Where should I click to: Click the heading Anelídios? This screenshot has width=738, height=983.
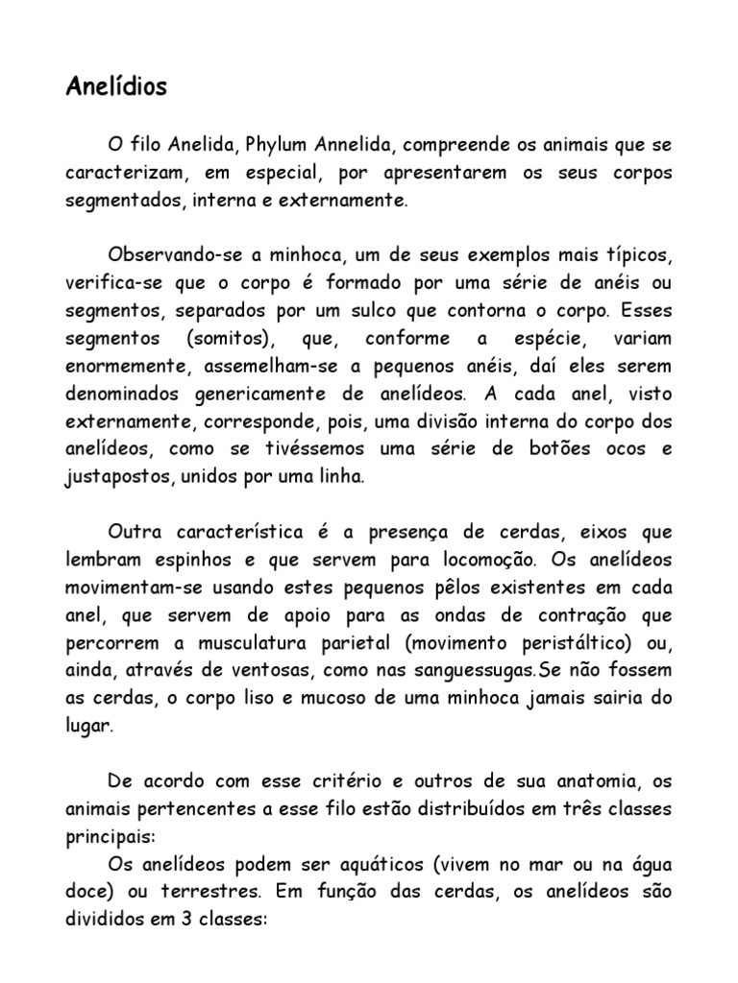pyautogui.click(x=116, y=87)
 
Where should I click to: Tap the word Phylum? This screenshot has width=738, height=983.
pyautogui.click(x=279, y=146)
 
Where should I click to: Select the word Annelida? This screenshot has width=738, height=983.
pyautogui.click(x=355, y=146)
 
